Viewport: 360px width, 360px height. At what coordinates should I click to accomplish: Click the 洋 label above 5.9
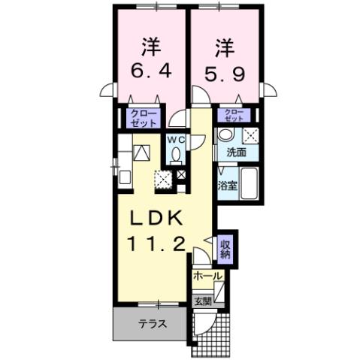[x=225, y=46]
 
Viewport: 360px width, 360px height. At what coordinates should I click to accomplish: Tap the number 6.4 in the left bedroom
[x=151, y=74]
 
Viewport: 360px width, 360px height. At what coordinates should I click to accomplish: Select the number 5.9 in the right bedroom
[x=225, y=74]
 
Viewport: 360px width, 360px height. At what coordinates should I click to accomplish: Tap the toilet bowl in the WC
[x=175, y=156]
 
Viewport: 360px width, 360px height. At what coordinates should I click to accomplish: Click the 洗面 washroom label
[x=237, y=152]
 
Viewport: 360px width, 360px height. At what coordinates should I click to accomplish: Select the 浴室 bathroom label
[x=228, y=185]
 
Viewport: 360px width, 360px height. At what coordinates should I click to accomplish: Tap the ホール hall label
[x=207, y=277]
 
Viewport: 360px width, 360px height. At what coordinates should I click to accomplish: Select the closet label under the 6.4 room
[x=142, y=118]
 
